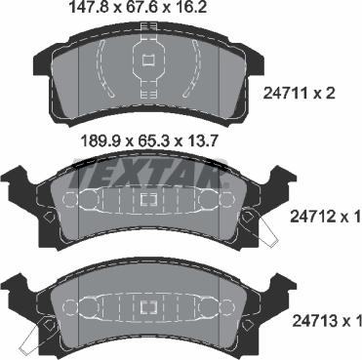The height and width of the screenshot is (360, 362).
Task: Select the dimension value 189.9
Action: (x=99, y=141)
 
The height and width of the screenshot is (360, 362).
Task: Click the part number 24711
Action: (x=285, y=94)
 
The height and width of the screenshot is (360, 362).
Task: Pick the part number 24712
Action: (x=311, y=217)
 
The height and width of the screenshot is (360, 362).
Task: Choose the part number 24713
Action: (x=314, y=321)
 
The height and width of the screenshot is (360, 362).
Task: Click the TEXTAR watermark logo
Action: (x=149, y=174)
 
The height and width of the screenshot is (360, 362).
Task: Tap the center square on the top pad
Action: (x=148, y=60)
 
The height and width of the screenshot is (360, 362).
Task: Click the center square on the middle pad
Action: (x=148, y=199)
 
